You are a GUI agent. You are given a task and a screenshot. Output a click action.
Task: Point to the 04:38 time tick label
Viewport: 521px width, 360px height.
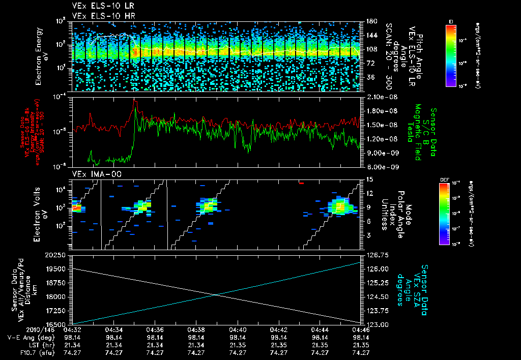point(196,329)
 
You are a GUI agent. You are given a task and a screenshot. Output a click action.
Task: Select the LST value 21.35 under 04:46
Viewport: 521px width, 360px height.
point(360,345)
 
